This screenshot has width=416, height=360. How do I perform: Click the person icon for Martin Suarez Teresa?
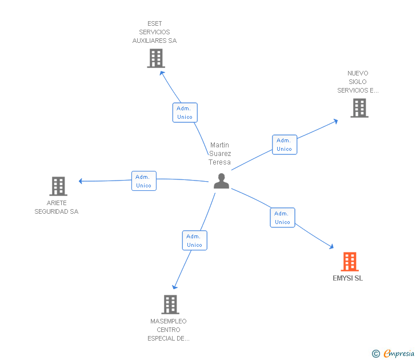221,181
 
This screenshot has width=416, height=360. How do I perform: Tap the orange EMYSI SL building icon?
350,262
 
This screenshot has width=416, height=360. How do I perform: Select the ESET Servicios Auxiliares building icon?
155,58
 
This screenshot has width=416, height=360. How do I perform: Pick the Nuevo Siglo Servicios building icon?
359,108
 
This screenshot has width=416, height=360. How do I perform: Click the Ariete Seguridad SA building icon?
58,186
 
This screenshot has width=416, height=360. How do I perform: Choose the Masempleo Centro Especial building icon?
170,305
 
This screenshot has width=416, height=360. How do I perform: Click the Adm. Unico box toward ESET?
185,113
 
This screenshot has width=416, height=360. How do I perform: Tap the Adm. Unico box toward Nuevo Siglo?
284,145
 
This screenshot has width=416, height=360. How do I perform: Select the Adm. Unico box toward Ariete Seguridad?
143,181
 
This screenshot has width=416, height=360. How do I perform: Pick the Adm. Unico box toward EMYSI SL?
282,218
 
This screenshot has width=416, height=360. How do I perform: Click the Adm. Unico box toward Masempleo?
194,241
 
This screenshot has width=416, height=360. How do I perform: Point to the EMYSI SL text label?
347,279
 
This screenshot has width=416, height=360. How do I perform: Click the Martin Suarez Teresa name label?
220,154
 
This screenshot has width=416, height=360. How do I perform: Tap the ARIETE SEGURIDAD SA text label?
56,207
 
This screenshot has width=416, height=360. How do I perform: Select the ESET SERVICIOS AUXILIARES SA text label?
154,33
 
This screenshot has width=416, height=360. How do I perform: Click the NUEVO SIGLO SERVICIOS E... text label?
358,82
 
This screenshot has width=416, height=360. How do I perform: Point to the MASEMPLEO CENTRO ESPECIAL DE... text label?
169,330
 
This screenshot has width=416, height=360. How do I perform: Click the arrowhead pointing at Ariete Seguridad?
81,181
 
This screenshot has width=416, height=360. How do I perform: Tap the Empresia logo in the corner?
398,354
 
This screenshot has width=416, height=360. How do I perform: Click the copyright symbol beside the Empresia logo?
376,354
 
